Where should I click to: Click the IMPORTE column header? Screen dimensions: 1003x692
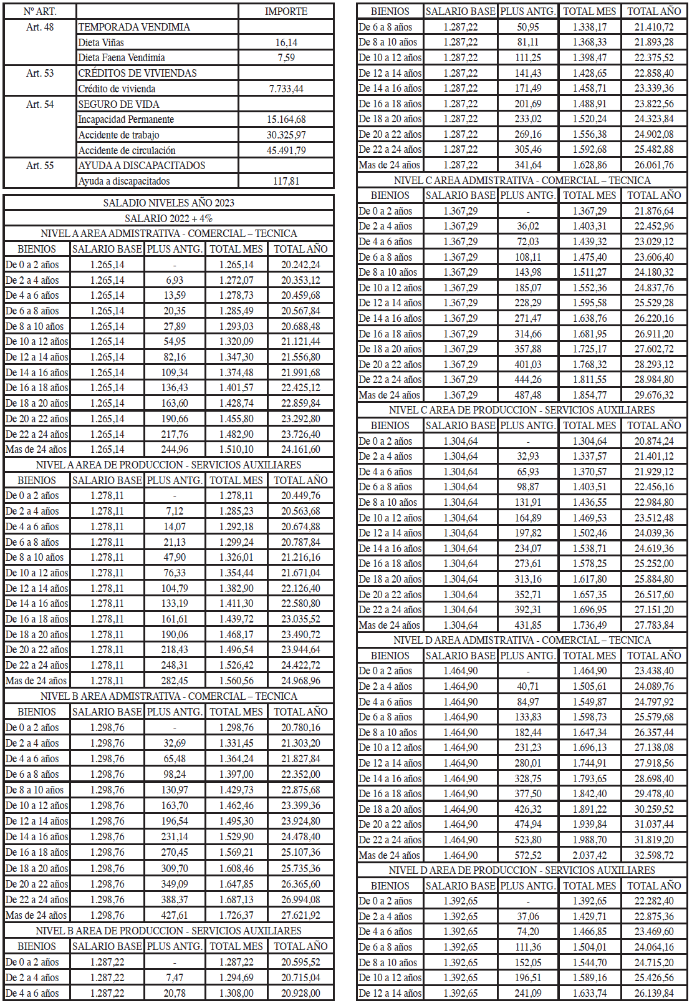point(286,11)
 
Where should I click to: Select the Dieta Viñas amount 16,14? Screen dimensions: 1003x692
point(286,42)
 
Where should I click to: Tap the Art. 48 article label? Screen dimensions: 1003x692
point(40,27)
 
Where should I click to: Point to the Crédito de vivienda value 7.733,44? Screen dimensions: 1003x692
point(286,89)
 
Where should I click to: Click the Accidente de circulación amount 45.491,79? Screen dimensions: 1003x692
point(286,150)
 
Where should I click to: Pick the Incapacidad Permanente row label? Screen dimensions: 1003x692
point(126,119)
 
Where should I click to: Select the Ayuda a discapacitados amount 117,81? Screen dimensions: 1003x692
point(286,181)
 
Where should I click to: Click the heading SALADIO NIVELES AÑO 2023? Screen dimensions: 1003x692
point(168,203)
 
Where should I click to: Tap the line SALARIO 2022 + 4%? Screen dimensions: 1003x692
point(168,218)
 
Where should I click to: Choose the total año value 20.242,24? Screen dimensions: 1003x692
point(300,264)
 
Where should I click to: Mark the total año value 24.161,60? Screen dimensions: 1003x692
point(300,449)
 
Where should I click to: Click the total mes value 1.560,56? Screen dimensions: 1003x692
point(236,681)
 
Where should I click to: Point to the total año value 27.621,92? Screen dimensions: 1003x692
point(300,915)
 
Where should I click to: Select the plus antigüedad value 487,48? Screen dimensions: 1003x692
point(527,395)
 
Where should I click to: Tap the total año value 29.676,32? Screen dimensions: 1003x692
point(654,395)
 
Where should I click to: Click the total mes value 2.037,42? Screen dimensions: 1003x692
point(589,855)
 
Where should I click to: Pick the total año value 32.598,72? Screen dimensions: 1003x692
point(654,855)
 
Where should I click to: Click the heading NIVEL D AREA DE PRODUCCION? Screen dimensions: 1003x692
point(522,870)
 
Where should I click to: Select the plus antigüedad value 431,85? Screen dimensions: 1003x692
point(527,625)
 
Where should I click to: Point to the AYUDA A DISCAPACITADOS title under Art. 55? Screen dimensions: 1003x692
point(142,165)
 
